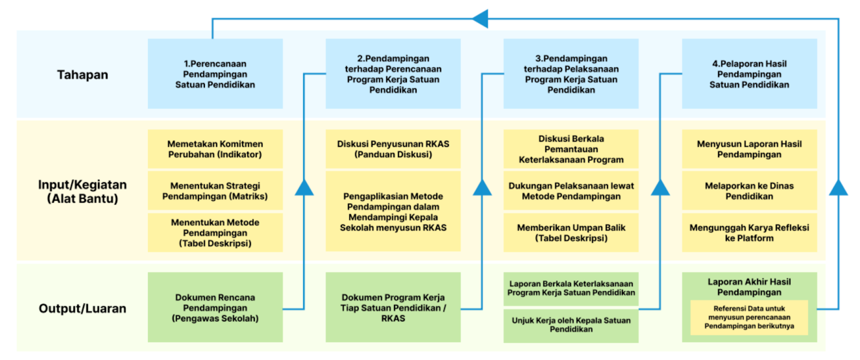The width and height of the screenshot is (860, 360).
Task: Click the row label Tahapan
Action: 83,75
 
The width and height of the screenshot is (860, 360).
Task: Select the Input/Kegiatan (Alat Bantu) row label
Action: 83,191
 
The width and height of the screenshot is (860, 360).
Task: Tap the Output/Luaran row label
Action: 83,308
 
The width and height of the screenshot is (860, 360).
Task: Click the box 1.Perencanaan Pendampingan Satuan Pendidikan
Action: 216,74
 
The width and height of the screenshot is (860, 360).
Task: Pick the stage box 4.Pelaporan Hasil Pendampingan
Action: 749,74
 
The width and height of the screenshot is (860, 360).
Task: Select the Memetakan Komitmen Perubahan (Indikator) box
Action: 216,149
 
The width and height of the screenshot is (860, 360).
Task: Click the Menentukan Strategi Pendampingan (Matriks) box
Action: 216,191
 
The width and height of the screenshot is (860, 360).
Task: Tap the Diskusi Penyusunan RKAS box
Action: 393,149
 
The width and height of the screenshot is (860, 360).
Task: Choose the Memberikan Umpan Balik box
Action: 571,233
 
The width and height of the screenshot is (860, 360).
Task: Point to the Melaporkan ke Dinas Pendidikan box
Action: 749,191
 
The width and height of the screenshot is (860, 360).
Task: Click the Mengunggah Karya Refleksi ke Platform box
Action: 749,233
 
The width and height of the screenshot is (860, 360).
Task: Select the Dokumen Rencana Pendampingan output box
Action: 216,307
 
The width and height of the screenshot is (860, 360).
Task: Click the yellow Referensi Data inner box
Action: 749,318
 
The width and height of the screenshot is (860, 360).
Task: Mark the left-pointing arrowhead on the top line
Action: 480,18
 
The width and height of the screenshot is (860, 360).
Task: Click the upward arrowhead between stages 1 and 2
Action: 304,188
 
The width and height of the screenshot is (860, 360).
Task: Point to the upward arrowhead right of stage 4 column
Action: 838,188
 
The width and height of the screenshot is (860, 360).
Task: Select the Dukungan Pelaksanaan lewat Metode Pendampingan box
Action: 571,191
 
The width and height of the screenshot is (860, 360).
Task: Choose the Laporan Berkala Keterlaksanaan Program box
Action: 571,289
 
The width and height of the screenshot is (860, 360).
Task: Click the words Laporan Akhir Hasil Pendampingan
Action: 749,287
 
